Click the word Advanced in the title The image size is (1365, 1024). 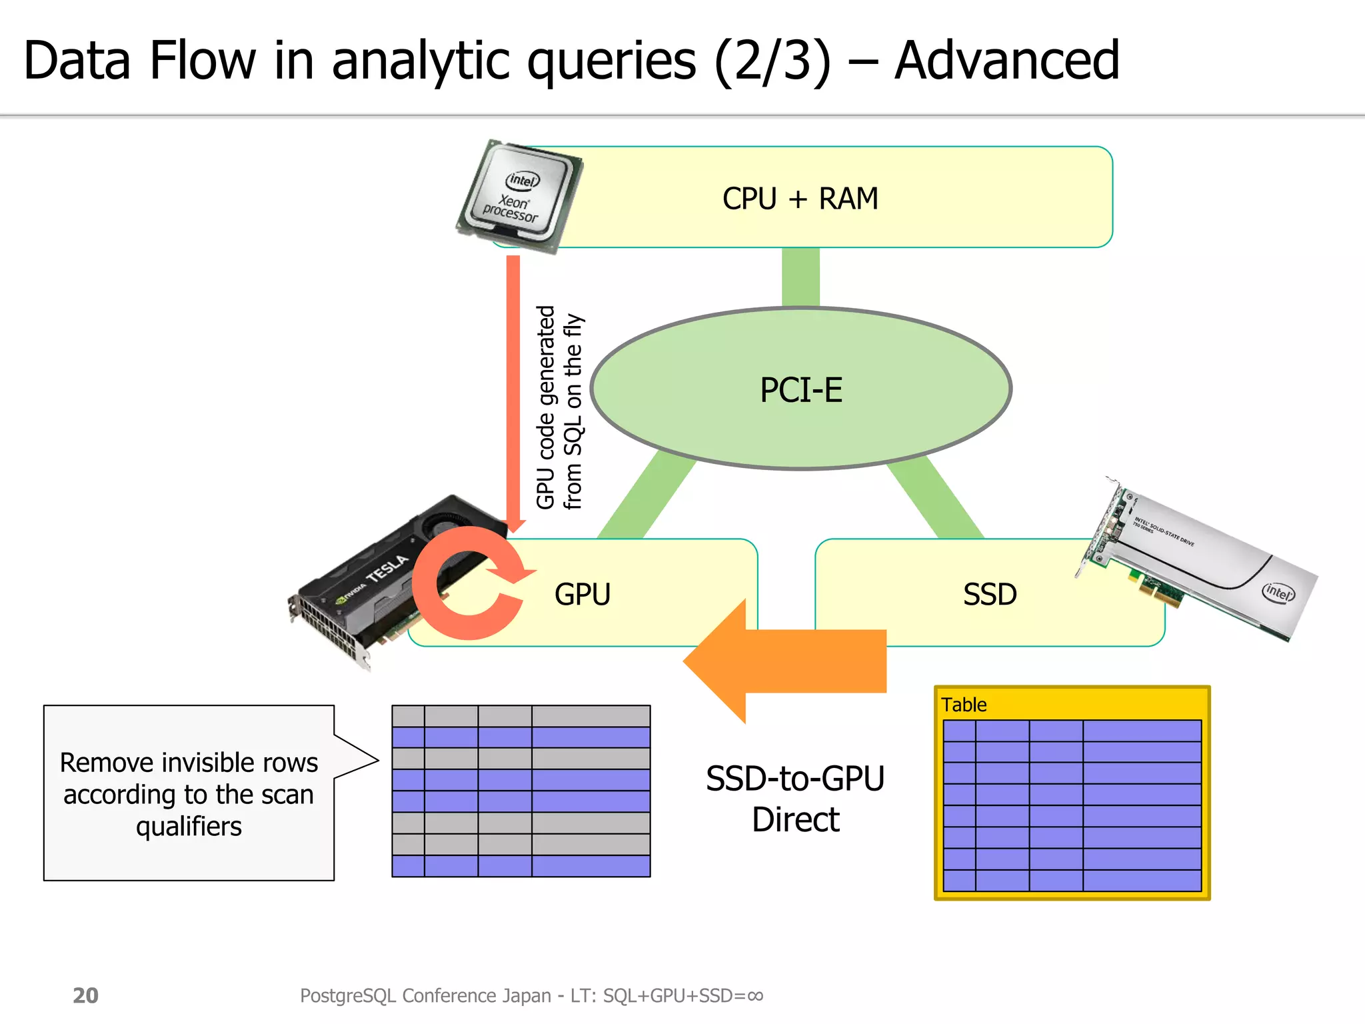pyautogui.click(x=1006, y=61)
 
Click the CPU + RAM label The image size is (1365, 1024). pyautogui.click(x=800, y=199)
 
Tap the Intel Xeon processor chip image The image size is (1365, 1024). pyautogui.click(x=519, y=196)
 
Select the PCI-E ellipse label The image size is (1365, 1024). pyautogui.click(x=801, y=390)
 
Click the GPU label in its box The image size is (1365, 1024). pyautogui.click(x=582, y=594)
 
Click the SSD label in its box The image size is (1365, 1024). pyautogui.click(x=990, y=594)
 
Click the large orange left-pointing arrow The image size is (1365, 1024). pyautogui.click(x=786, y=661)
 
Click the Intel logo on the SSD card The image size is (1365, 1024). pyautogui.click(x=1278, y=591)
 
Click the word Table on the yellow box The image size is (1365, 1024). pyautogui.click(x=963, y=705)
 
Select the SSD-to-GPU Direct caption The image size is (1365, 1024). pyautogui.click(x=795, y=799)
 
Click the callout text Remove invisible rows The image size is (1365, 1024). pyautogui.click(x=189, y=763)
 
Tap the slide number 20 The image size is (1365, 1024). pyautogui.click(x=85, y=995)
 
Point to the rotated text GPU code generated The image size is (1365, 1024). pyautogui.click(x=546, y=407)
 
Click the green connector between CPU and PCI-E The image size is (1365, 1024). pyautogui.click(x=800, y=277)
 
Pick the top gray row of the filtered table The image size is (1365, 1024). pyautogui.click(x=521, y=716)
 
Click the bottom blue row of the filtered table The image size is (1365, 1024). pyautogui.click(x=521, y=866)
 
